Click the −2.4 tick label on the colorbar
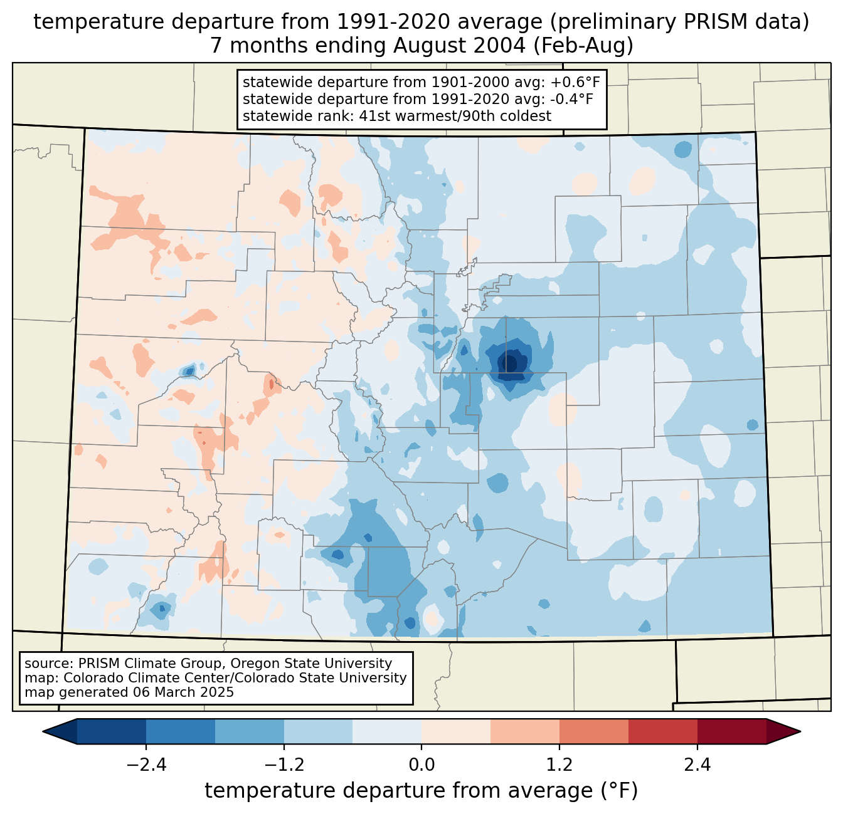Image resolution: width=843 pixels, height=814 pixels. (146, 765)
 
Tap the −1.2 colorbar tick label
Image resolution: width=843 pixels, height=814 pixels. (284, 765)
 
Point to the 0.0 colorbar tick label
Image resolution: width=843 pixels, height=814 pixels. (422, 765)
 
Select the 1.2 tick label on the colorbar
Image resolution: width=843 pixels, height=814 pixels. (559, 765)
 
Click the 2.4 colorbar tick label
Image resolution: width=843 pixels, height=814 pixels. (697, 765)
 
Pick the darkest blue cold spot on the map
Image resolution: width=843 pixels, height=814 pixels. (509, 363)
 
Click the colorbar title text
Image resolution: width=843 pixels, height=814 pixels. (422, 791)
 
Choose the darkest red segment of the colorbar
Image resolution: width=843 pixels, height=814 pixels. (731, 731)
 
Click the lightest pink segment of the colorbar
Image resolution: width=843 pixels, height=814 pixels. (456, 731)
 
